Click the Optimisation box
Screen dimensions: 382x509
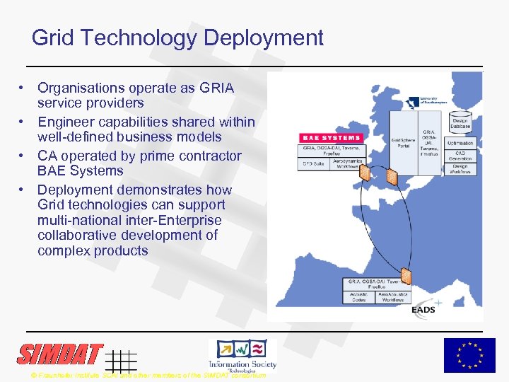tap(460, 143)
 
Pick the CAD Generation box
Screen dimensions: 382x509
tap(460, 155)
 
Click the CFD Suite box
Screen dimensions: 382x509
tap(314, 163)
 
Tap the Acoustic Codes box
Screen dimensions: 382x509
tap(360, 297)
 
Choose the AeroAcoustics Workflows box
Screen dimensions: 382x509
tap(393, 297)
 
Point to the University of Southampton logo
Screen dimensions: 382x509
tap(433, 100)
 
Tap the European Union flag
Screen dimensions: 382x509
tap(469, 355)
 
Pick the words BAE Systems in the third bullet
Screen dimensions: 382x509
tap(81, 171)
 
